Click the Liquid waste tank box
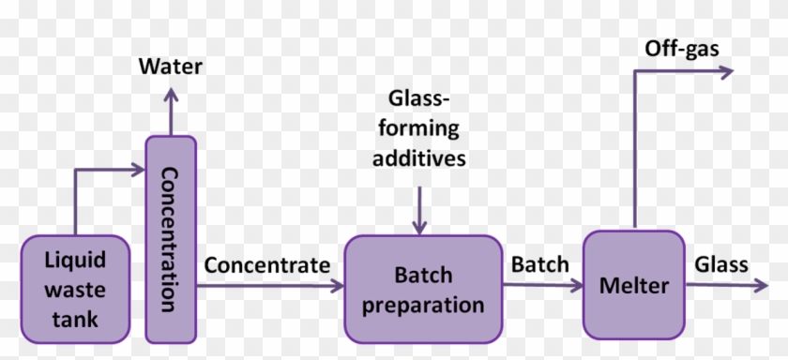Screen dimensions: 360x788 (x=77, y=288)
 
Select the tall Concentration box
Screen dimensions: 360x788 (x=171, y=238)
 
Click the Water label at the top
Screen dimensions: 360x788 (x=171, y=67)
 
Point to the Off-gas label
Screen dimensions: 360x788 (x=681, y=47)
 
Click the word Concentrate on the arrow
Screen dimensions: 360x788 (x=267, y=265)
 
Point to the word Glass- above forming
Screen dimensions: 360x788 (x=418, y=98)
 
